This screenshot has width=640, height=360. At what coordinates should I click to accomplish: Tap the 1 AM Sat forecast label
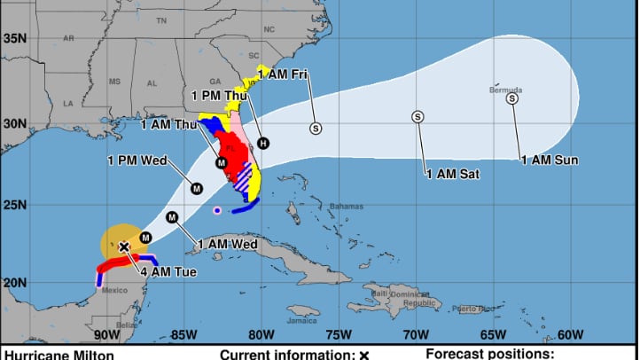point(452,174)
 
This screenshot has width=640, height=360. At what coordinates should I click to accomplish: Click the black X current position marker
point(124,247)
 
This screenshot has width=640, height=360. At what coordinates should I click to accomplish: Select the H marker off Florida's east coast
point(262,143)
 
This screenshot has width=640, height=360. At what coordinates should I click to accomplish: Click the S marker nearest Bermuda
point(511,98)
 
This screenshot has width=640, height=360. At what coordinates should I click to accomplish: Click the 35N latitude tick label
point(12,38)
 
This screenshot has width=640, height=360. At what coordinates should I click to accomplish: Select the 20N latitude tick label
point(12,283)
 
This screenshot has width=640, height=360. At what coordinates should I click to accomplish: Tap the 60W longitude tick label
point(571,334)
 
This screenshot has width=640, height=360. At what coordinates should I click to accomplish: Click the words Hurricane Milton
point(51,354)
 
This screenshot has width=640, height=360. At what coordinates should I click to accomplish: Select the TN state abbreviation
point(160,20)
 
